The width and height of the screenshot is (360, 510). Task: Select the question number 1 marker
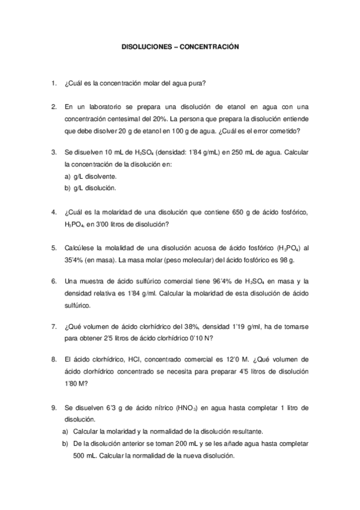click(x=53, y=83)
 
